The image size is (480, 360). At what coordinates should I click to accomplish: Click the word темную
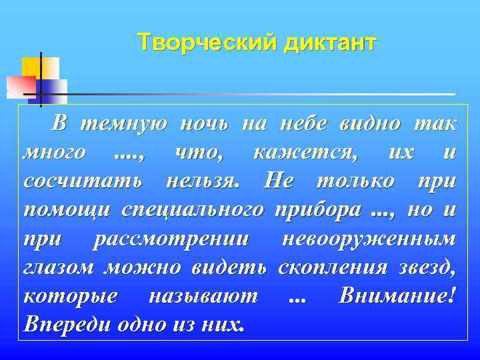click(121, 123)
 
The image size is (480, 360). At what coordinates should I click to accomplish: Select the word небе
click(302, 123)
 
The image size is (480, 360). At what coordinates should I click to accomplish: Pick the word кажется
click(305, 152)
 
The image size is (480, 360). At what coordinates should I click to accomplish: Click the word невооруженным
click(369, 238)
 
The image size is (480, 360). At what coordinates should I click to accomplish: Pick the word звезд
click(427, 267)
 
